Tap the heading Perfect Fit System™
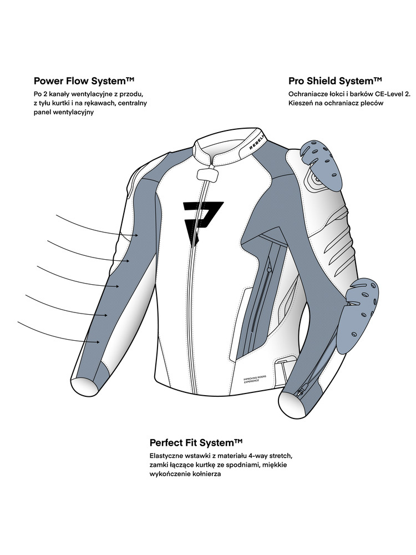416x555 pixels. pyautogui.click(x=197, y=443)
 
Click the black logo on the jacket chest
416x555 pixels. pyautogui.click(x=202, y=220)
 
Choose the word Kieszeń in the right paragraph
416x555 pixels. pyautogui.click(x=302, y=103)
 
